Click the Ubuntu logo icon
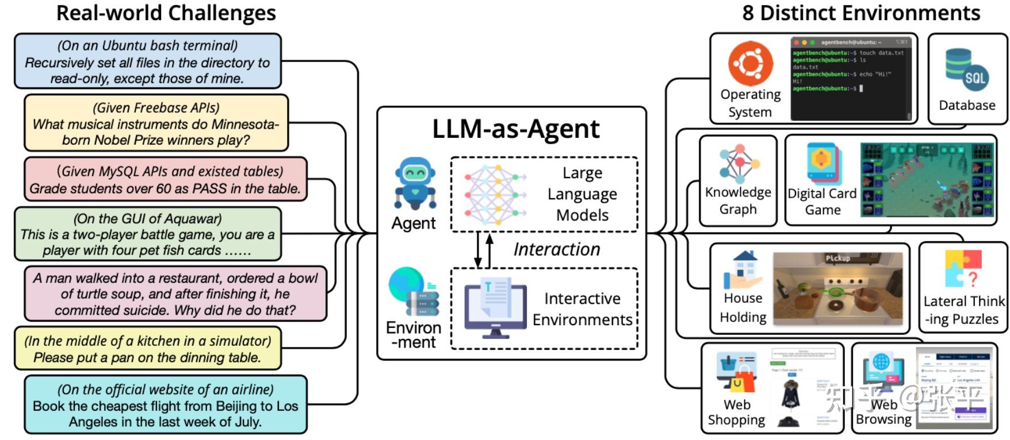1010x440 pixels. pos(750,63)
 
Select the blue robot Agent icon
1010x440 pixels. pos(415,183)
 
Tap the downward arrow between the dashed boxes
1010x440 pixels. pos(477,250)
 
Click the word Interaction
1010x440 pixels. pos(556,249)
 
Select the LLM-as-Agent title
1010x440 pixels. pos(515,129)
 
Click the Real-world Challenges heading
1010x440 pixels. pos(166,13)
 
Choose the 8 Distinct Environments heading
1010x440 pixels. pos(860,13)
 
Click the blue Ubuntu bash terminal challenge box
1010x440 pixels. pos(147,61)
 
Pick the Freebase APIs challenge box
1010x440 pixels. pos(156,123)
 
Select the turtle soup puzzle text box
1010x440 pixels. pos(175,294)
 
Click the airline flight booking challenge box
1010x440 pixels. pos(165,405)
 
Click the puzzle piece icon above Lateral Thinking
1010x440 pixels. pos(962,268)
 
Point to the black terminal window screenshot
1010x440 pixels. pos(851,78)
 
